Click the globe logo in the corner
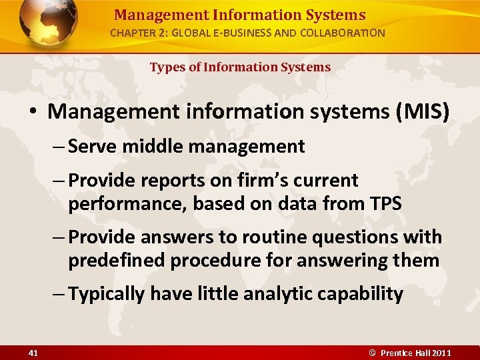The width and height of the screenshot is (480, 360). (x=48, y=24)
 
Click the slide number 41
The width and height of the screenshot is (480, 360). (x=33, y=353)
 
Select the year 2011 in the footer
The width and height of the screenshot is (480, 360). (x=442, y=353)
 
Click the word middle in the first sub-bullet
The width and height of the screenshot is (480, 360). (x=145, y=147)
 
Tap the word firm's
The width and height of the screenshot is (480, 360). (x=265, y=181)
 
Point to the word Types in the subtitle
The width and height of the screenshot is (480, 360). (x=166, y=67)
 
